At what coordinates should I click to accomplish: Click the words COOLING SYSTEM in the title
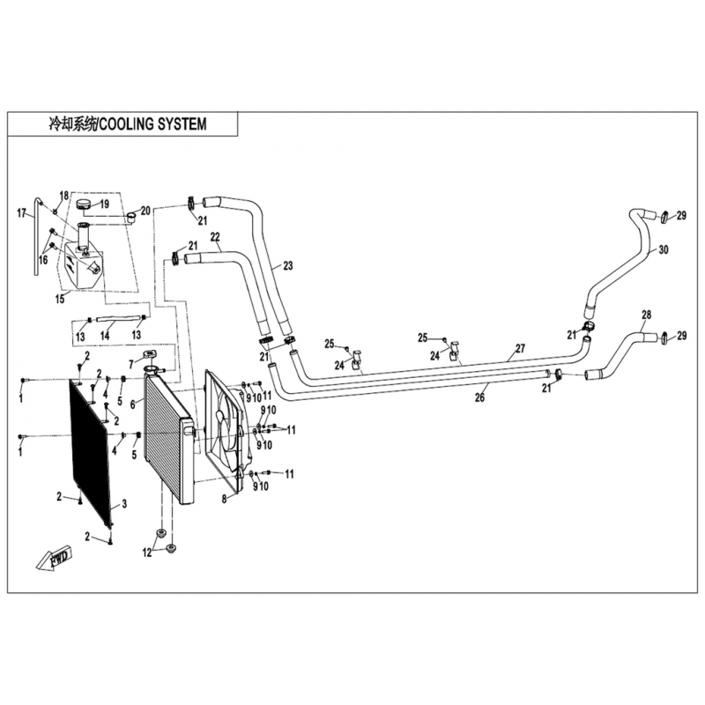pos(152,124)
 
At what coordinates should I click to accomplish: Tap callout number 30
pos(664,250)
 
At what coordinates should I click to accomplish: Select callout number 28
pos(646,315)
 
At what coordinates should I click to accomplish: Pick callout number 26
pos(480,397)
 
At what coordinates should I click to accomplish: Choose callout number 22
pos(214,236)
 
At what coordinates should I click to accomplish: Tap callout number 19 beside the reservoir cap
pos(104,204)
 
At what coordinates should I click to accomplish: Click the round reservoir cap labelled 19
pos(84,205)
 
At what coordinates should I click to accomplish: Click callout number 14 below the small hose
pos(104,336)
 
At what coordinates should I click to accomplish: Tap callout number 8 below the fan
pos(224,499)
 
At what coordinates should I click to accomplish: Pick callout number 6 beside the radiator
pos(133,404)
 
